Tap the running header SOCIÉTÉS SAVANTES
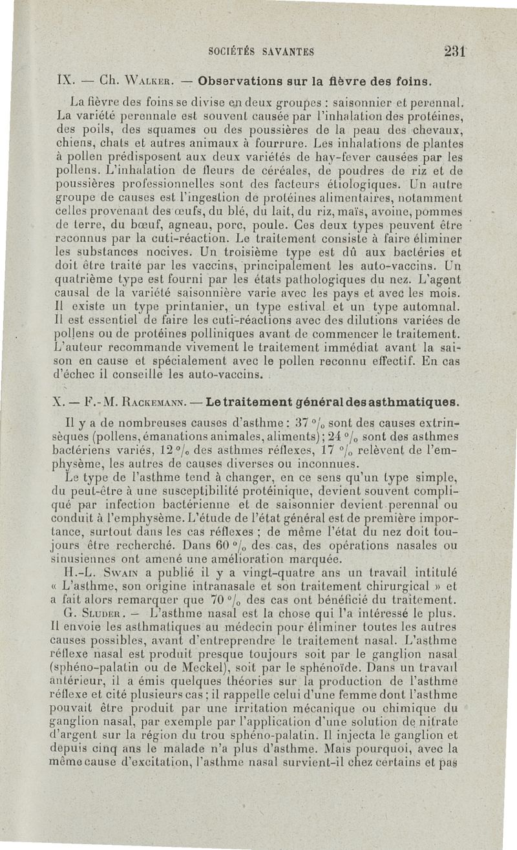point(262,52)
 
